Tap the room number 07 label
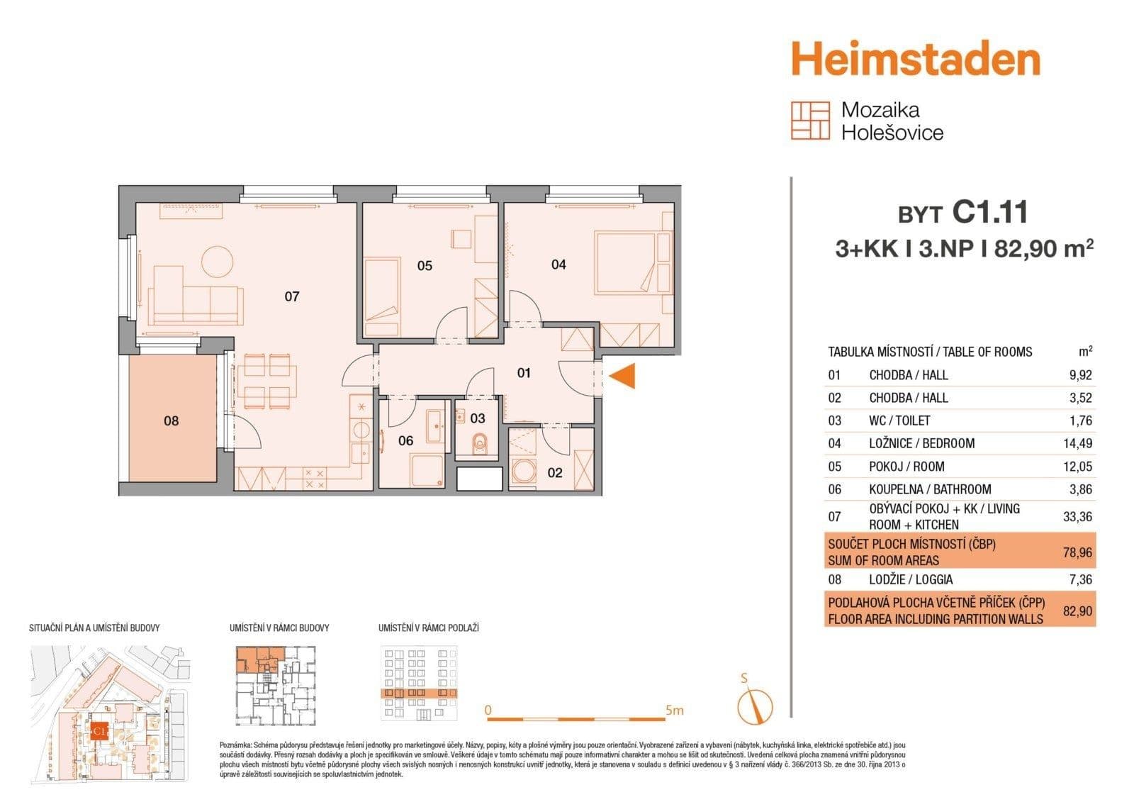pyautogui.click(x=292, y=296)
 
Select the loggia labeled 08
pyautogui.click(x=172, y=420)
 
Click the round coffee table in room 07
pyautogui.click(x=217, y=262)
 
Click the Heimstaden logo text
pyautogui.click(x=915, y=60)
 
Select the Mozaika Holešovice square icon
pyautogui.click(x=810, y=121)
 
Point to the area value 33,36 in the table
pyautogui.click(x=1077, y=517)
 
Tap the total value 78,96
pyautogui.click(x=1077, y=552)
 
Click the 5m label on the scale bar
pyautogui.click(x=674, y=710)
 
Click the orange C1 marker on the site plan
pyautogui.click(x=99, y=730)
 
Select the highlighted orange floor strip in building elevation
pyautogui.click(x=419, y=694)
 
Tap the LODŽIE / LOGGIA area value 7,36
pyautogui.click(x=1077, y=579)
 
